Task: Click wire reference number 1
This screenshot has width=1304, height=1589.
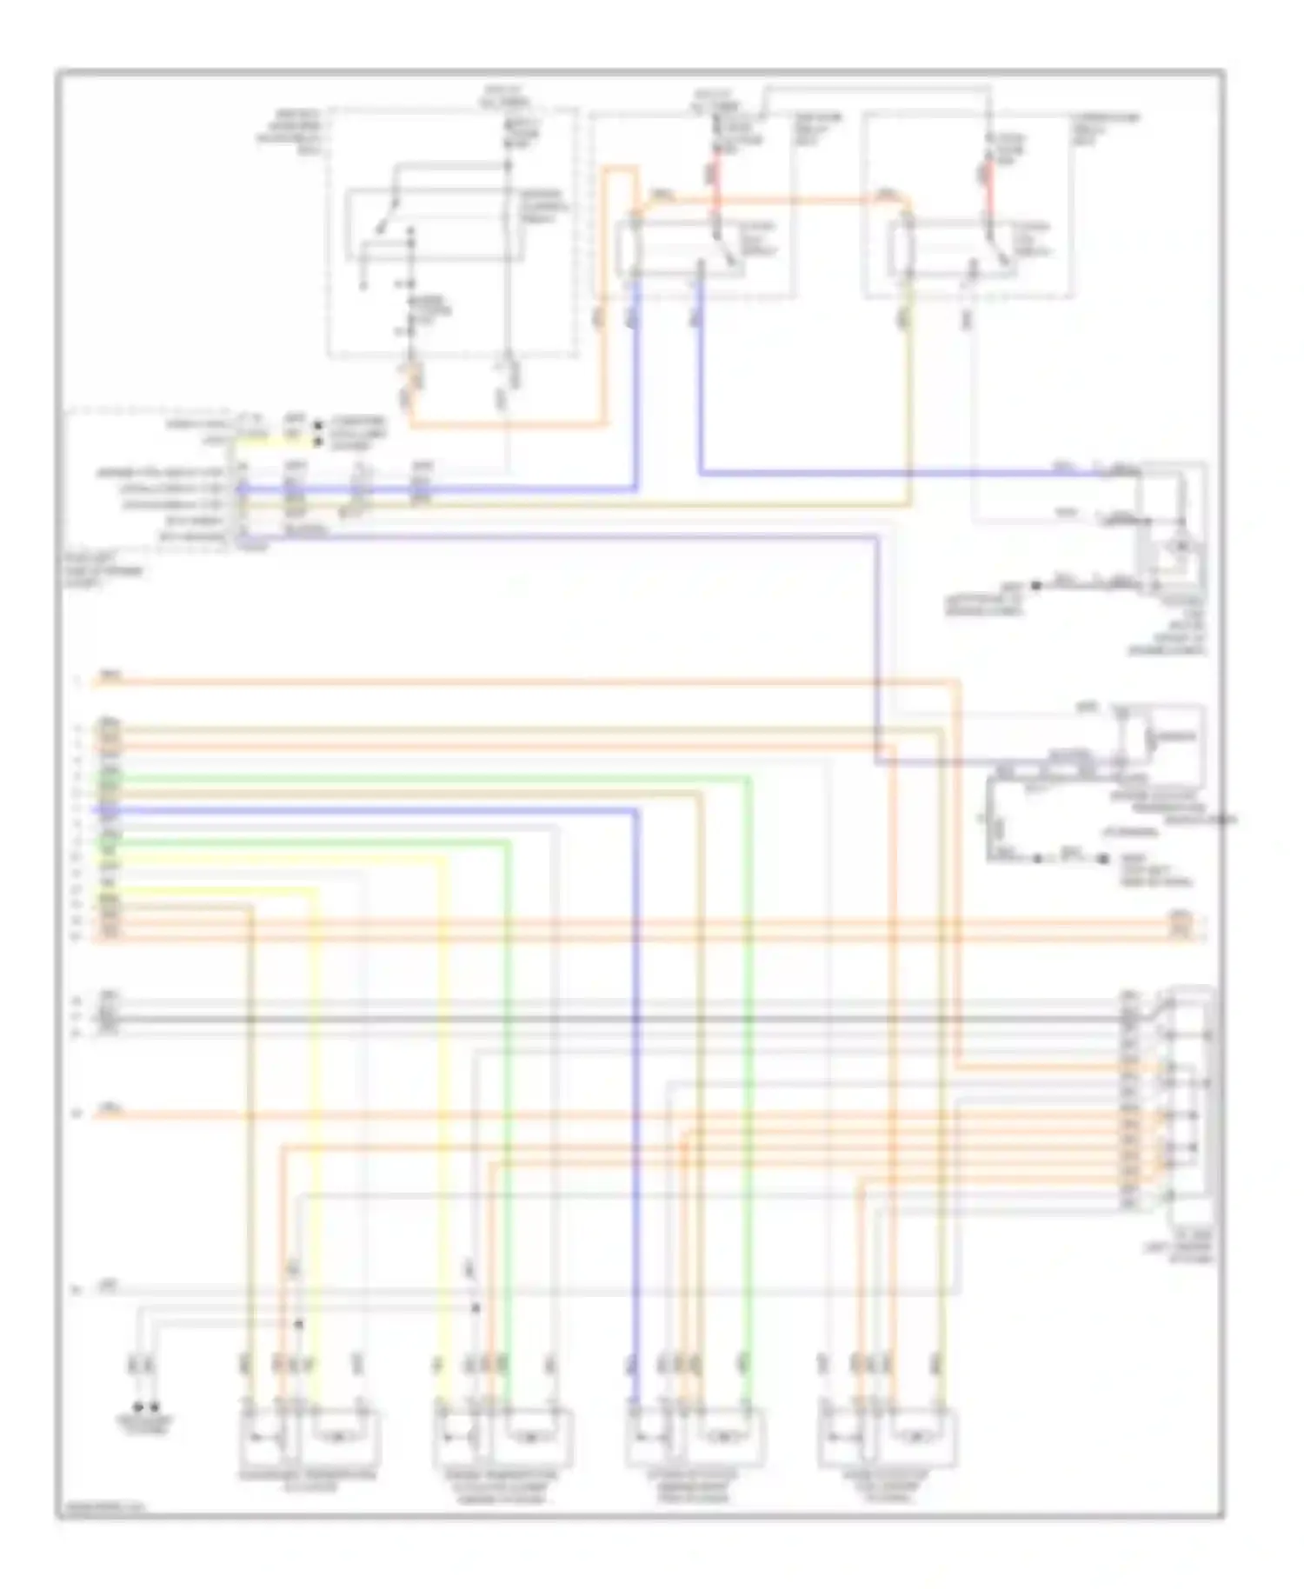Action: (x=77, y=682)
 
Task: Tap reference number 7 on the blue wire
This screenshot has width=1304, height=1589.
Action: (x=77, y=809)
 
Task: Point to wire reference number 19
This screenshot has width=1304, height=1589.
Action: (x=77, y=1114)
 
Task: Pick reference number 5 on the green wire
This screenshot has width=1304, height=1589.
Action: (x=77, y=777)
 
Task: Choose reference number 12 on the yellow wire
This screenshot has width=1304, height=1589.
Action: (x=77, y=888)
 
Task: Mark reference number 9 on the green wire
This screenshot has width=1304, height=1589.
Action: (x=77, y=841)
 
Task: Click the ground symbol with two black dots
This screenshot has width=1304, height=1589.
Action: (x=145, y=1406)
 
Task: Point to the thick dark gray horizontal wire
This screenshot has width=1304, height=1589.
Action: (x=609, y=1018)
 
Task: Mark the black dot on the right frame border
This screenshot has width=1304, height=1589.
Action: (x=1225, y=819)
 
